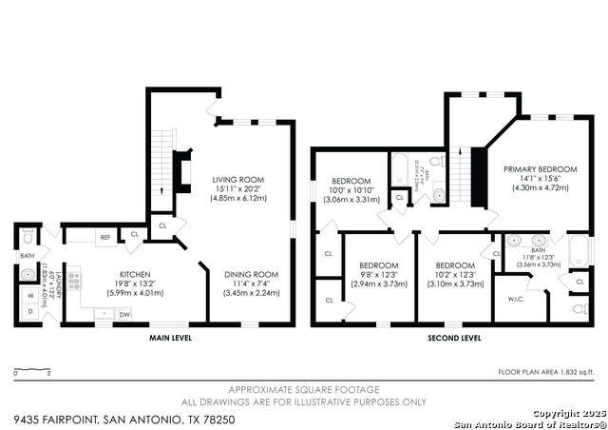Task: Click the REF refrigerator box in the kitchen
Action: click(105, 236)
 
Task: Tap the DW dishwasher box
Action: click(124, 314)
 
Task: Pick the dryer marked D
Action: click(30, 311)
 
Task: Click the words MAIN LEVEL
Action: click(172, 337)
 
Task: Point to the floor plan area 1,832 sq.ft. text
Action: click(546, 371)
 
